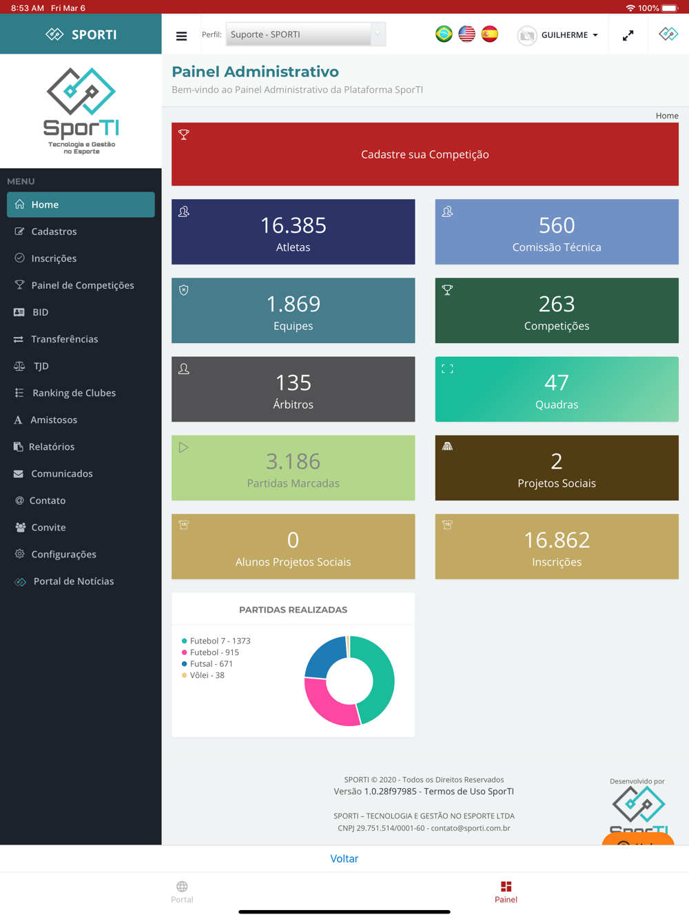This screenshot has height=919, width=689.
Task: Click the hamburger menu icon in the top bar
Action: (181, 36)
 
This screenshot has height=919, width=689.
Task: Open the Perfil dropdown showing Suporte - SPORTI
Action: (305, 34)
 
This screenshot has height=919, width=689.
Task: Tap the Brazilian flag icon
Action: (444, 34)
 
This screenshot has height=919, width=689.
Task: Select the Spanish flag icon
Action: (490, 34)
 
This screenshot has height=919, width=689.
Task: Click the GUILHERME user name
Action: (564, 35)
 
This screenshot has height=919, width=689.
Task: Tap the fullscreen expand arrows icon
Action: (628, 35)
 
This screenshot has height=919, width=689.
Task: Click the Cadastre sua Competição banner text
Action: (424, 155)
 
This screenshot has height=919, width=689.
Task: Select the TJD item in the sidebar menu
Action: (41, 366)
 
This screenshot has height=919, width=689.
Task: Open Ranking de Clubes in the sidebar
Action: (74, 393)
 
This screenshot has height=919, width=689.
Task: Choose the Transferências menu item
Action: (64, 339)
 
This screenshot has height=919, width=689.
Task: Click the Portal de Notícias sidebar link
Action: (73, 581)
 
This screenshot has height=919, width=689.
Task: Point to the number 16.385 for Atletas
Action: (293, 225)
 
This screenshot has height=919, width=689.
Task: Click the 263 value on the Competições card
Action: (556, 304)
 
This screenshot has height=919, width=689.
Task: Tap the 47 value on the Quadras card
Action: (556, 382)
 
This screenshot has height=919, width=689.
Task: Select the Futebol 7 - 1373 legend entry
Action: (219, 641)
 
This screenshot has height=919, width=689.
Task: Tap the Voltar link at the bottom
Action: (344, 858)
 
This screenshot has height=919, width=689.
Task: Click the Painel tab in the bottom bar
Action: (506, 891)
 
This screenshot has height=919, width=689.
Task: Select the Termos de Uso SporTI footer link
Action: (469, 792)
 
